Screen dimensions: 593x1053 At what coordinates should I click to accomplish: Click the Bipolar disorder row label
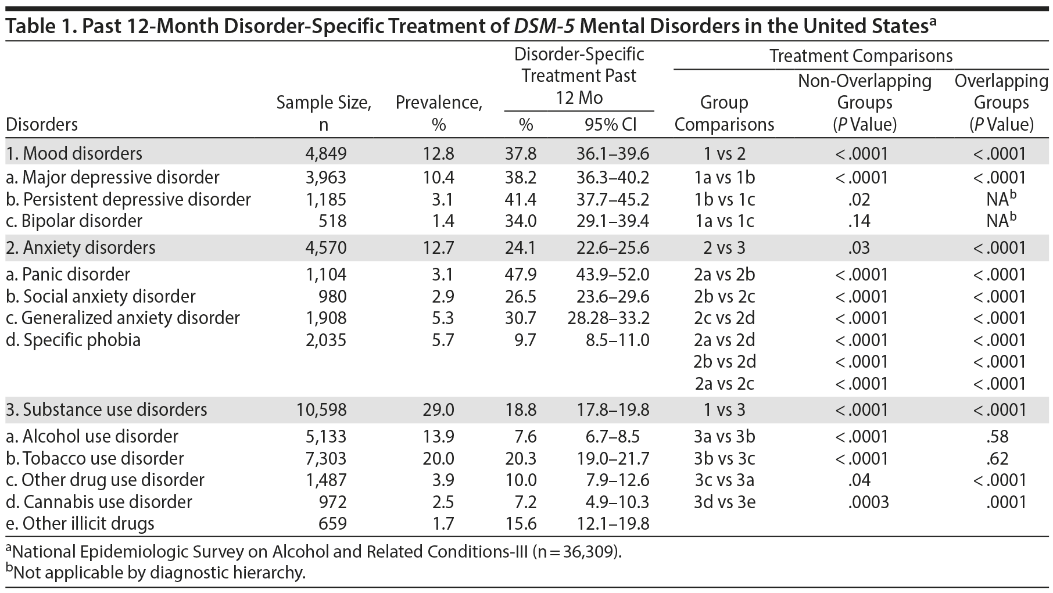pos(74,221)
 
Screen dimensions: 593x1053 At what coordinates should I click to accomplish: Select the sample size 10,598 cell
pos(321,409)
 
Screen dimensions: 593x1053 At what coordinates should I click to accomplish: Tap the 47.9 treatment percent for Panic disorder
pos(521,274)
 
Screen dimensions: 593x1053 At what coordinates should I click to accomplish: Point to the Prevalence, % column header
pos(439,113)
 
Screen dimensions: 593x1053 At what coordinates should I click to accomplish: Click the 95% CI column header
pos(610,125)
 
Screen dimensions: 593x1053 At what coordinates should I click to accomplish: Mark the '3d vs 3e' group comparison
pos(724,502)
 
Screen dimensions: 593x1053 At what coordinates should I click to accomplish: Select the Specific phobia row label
pos(74,340)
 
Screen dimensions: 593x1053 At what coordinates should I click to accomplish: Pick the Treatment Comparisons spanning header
pos(861,56)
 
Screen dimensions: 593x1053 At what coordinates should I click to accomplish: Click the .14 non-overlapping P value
pos(859,221)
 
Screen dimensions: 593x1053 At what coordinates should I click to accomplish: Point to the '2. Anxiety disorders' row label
pos(81,248)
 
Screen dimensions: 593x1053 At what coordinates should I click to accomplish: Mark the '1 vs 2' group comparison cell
pos(724,154)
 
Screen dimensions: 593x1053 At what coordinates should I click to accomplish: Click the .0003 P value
pos(868,502)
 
